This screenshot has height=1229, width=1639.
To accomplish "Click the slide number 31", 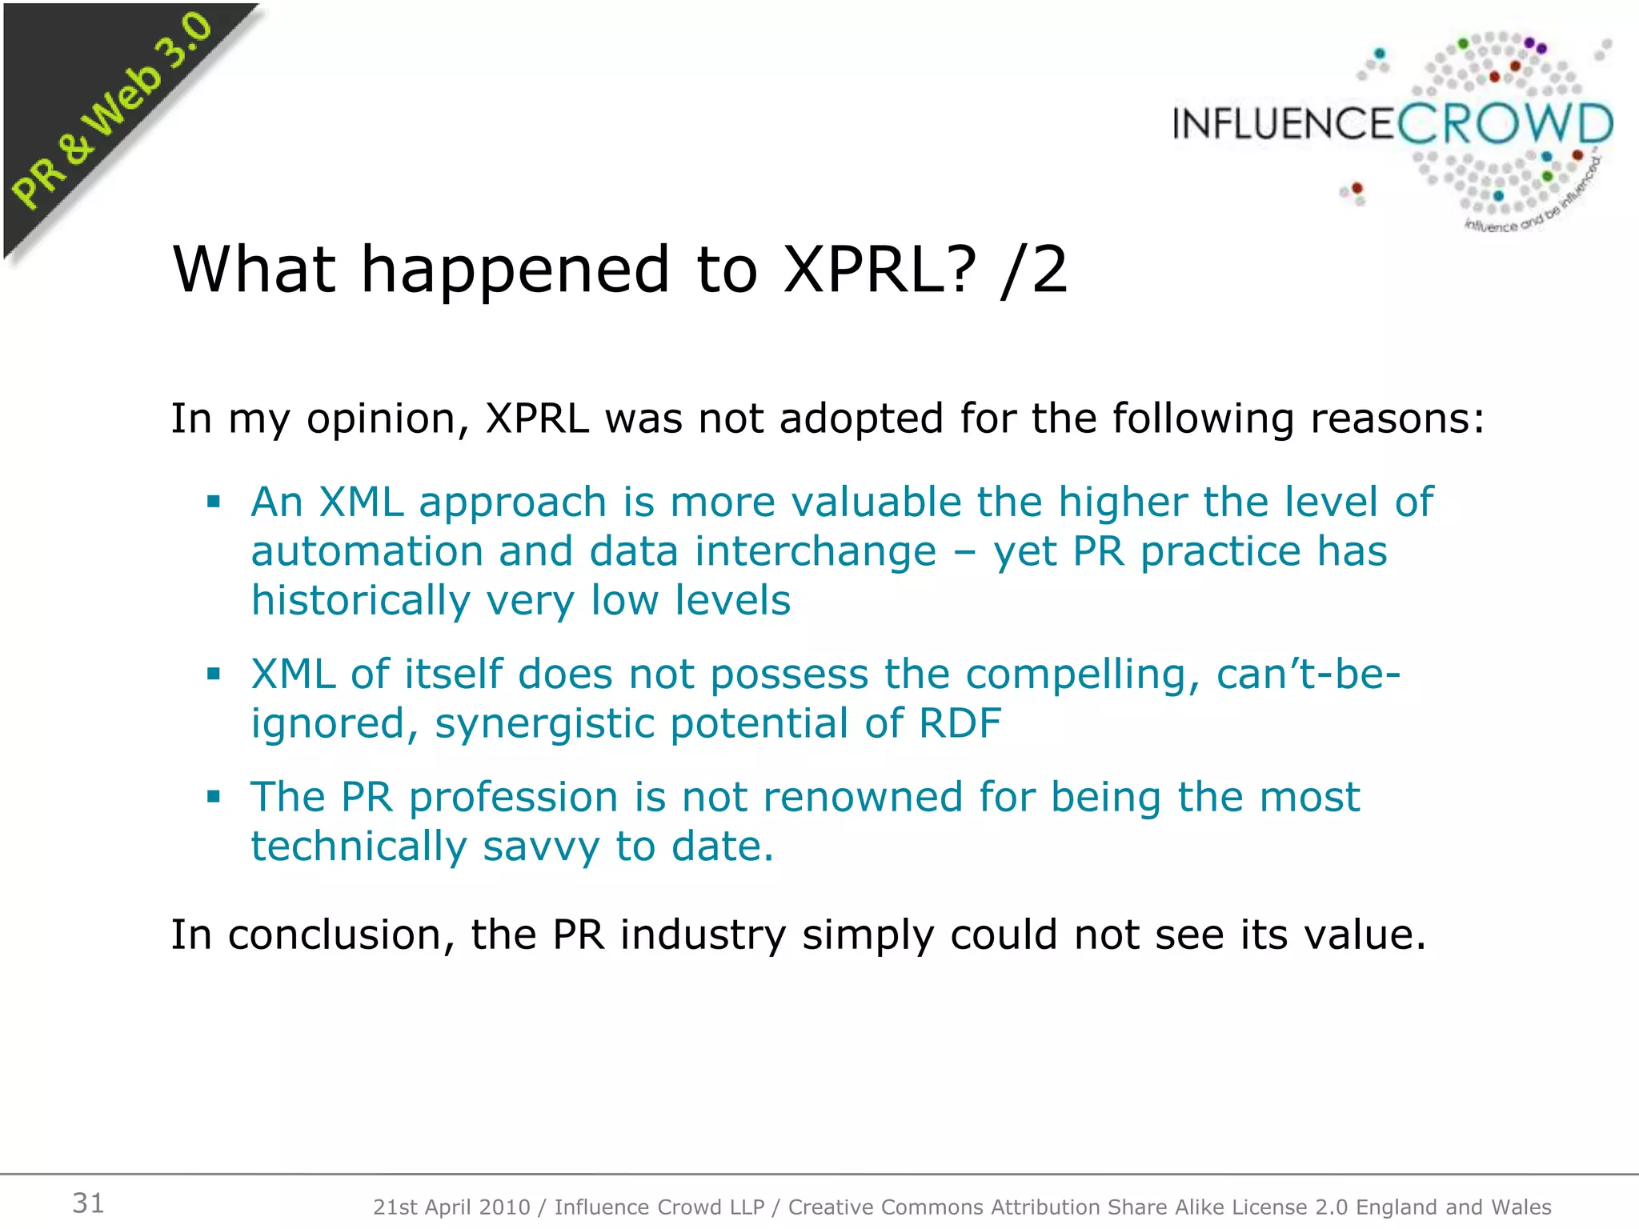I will [88, 1203].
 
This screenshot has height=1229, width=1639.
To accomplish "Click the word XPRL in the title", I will [880, 270].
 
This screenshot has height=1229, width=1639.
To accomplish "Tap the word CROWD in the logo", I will [1505, 125].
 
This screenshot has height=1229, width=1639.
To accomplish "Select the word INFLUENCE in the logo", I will [1284, 125].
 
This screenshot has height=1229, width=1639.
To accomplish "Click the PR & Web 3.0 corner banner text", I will [112, 112].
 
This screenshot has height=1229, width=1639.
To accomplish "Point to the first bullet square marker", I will [213, 502].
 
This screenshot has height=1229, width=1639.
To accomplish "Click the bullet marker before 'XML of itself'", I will [213, 674].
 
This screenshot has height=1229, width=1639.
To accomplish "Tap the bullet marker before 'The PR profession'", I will [213, 797].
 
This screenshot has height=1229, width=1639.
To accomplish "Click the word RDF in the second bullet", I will [960, 723].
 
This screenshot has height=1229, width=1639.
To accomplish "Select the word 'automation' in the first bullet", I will [367, 552].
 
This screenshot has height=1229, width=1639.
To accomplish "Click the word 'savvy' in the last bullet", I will [541, 847].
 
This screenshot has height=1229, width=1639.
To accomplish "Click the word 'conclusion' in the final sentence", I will [341, 935].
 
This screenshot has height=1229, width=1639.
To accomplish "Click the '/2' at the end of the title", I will [1033, 270].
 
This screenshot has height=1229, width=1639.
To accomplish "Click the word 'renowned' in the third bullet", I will [862, 797].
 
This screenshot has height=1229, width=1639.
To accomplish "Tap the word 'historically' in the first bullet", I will [360, 602].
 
